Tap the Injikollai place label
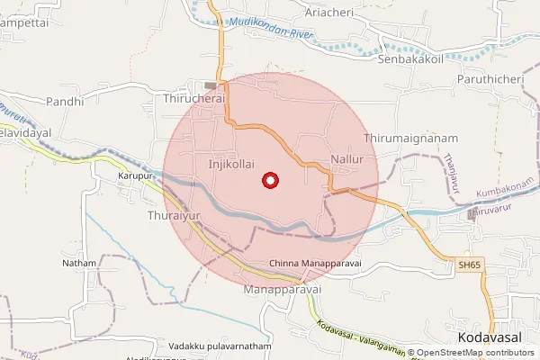(x=231, y=164)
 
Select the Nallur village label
(x=346, y=159)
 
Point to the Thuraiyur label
(x=173, y=217)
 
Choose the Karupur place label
(x=137, y=176)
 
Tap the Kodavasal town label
(x=490, y=336)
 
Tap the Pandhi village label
(x=64, y=102)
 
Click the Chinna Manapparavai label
(x=315, y=264)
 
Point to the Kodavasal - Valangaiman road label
(x=360, y=339)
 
